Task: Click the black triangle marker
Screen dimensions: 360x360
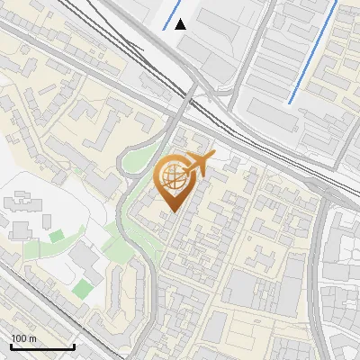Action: click(x=181, y=24)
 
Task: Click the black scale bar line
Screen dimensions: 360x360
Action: click(x=41, y=346)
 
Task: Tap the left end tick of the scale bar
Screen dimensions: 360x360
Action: click(x=11, y=345)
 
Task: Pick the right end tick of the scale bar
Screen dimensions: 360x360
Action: click(x=73, y=345)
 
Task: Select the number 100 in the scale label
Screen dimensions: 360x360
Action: click(x=17, y=337)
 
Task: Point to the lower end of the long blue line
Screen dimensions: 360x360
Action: click(x=290, y=102)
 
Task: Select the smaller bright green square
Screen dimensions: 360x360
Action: click(x=57, y=236)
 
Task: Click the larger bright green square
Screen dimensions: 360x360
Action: click(x=83, y=288)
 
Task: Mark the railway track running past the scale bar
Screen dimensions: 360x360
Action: click(x=54, y=315)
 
